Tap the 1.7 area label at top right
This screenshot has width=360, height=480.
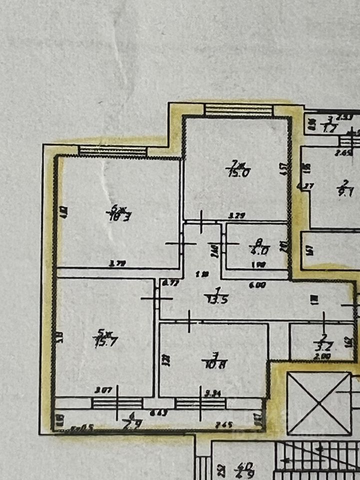point(328,128)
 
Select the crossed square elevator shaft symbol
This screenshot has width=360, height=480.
point(318,403)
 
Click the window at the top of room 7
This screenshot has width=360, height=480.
point(239,109)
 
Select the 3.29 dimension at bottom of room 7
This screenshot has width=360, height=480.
point(235,216)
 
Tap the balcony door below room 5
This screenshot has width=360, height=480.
point(117,403)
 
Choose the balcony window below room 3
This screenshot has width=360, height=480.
point(200,403)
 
